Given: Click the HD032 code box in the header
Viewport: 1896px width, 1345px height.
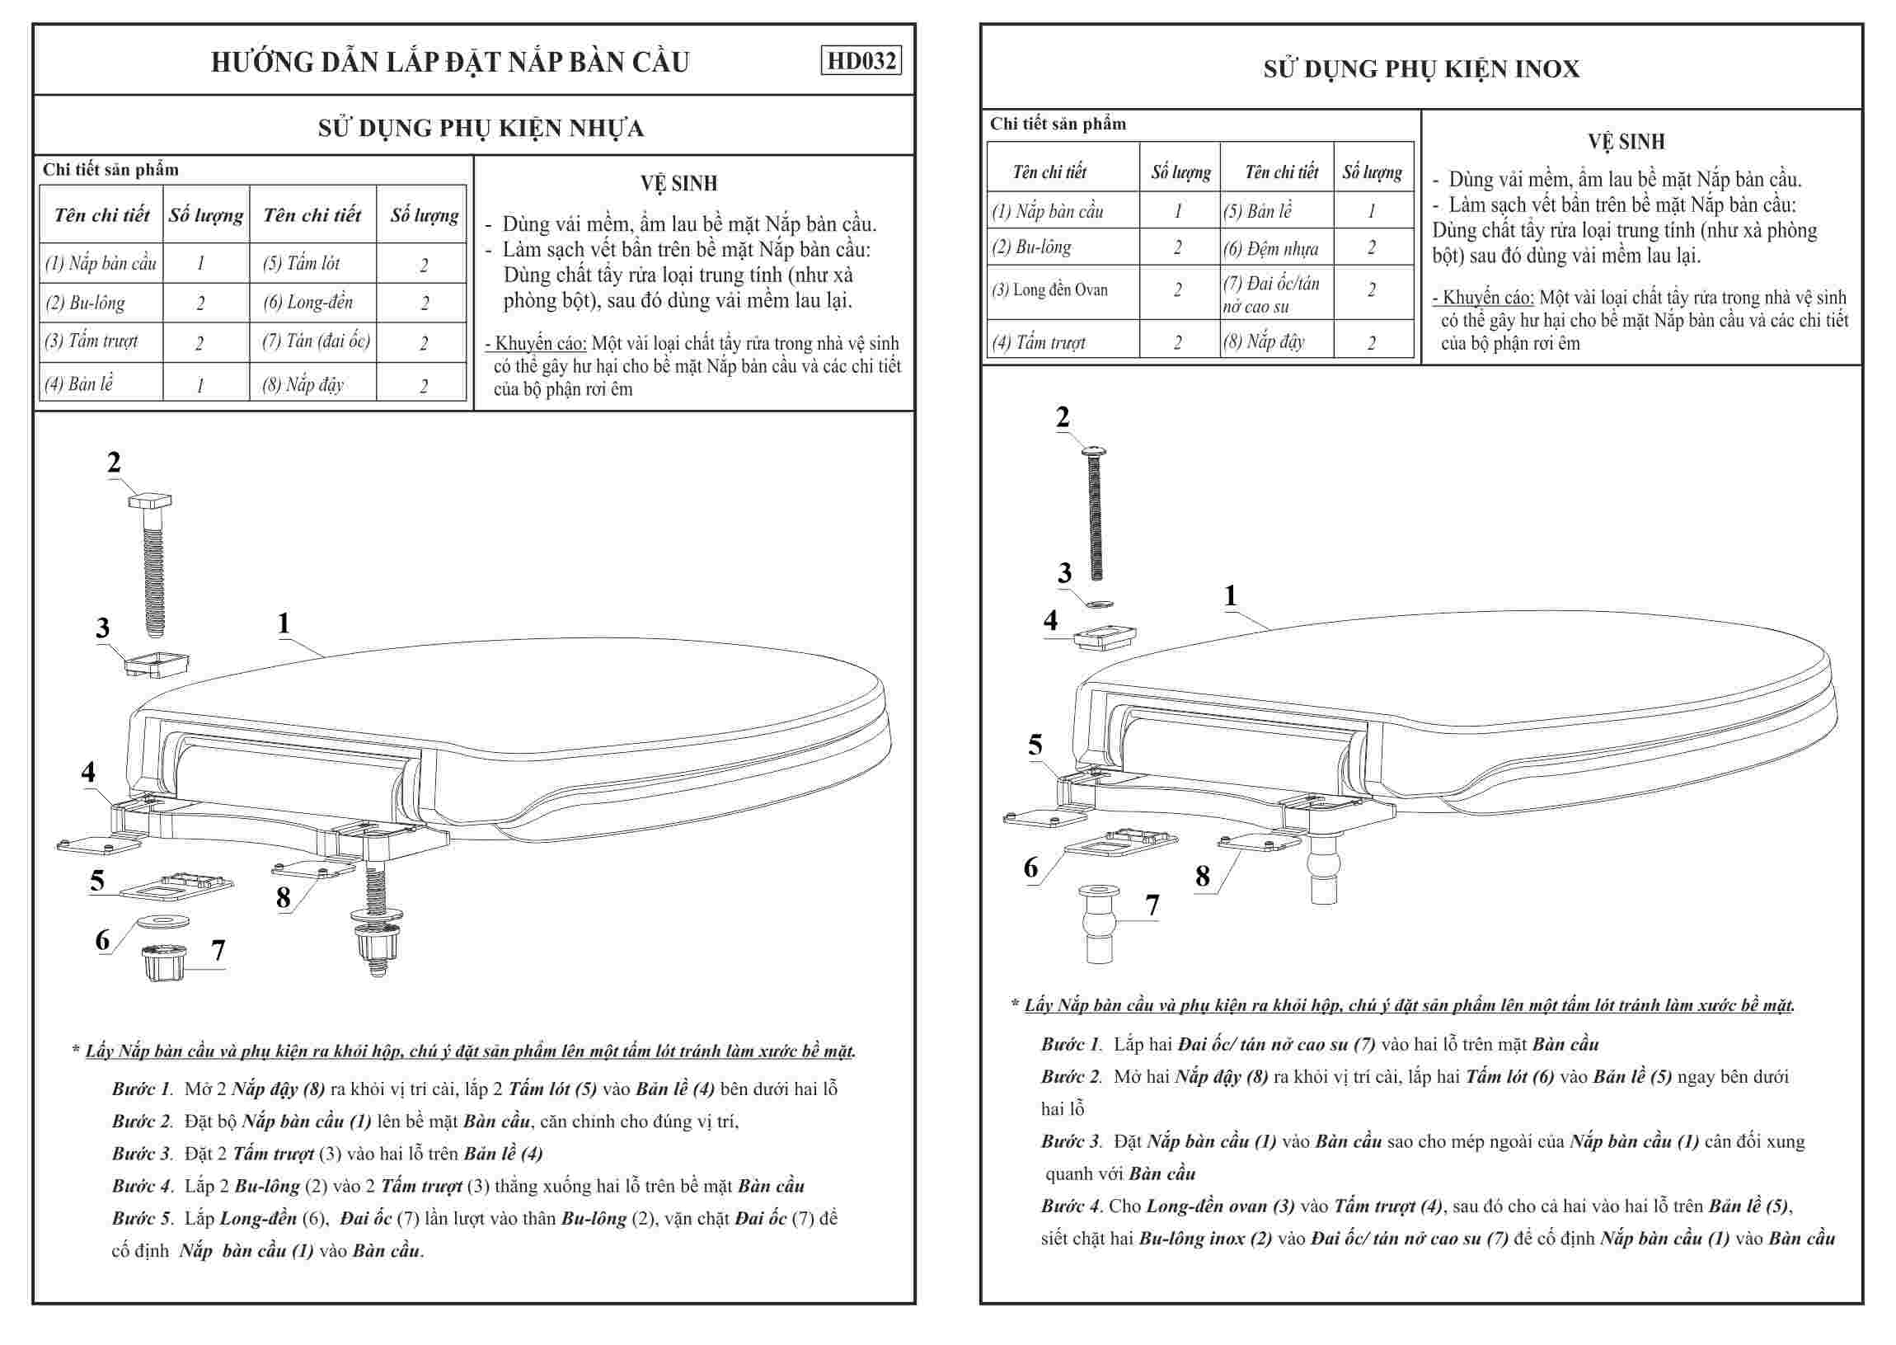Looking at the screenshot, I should click(861, 60).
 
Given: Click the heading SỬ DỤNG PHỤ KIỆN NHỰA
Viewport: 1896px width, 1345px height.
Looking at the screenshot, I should click(481, 129).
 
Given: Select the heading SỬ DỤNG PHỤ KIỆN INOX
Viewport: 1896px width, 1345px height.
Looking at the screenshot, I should click(1420, 68).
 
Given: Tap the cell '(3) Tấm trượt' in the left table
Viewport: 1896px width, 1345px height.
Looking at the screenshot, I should click(92, 341).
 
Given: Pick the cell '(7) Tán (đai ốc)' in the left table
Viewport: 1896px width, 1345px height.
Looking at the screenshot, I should click(316, 341).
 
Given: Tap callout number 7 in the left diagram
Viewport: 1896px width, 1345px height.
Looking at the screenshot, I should click(218, 950).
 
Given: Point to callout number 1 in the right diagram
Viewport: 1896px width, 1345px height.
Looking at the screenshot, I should click(1230, 595).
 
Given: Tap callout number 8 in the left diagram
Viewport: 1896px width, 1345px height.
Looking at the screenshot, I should click(283, 897).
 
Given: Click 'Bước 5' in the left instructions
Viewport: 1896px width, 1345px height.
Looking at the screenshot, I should click(142, 1218).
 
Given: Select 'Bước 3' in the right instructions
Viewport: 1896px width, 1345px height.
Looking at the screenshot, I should click(1071, 1141).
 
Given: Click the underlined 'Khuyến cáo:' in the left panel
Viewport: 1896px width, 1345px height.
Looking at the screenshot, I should click(540, 344).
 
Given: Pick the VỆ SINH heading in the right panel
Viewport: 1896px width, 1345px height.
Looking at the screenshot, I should click(1626, 142).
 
